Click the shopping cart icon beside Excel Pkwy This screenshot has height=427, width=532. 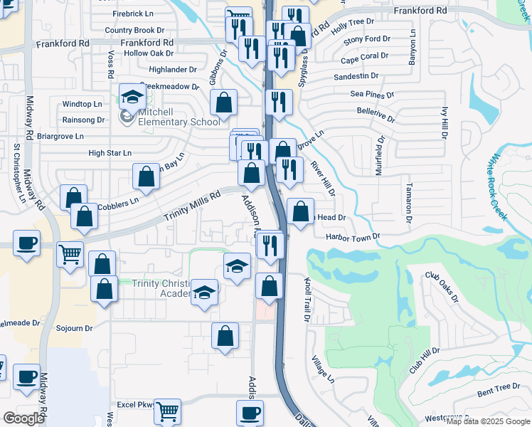167,411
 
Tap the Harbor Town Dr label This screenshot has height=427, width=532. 353,236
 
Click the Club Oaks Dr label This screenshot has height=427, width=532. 442,285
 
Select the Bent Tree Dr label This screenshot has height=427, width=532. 499,387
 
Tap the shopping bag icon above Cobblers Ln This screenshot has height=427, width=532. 146,177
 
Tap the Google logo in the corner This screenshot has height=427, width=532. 23,418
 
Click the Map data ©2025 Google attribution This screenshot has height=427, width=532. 488,421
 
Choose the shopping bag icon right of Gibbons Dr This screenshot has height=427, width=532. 224,102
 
